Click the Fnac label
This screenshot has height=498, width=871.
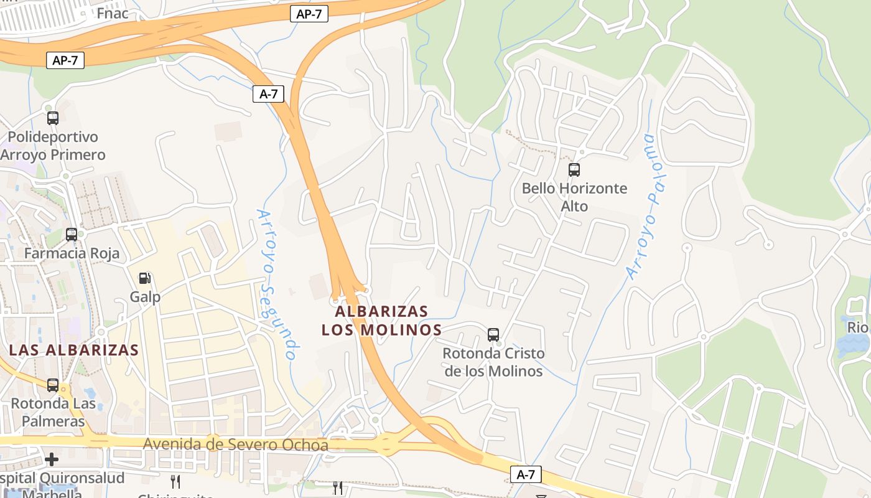pyautogui.click(x=113, y=13)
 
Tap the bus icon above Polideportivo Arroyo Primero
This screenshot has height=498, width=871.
pyautogui.click(x=53, y=118)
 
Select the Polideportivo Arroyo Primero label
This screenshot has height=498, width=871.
pyautogui.click(x=53, y=146)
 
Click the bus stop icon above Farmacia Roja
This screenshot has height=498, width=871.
pyautogui.click(x=72, y=235)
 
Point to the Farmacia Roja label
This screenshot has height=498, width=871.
pyautogui.click(x=72, y=254)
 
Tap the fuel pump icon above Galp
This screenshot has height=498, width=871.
pyautogui.click(x=144, y=278)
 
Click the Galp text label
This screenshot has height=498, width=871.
pyautogui.click(x=145, y=297)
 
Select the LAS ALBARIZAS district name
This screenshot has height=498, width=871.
pyautogui.click(x=74, y=350)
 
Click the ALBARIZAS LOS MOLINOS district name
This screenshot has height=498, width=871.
pyautogui.click(x=381, y=321)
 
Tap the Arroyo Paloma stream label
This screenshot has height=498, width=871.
pyautogui.click(x=643, y=205)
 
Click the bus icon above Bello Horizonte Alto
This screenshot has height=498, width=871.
pyautogui.click(x=574, y=169)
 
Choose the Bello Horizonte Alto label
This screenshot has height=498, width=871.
pyautogui.click(x=574, y=197)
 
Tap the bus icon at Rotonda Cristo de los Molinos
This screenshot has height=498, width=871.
pyautogui.click(x=493, y=335)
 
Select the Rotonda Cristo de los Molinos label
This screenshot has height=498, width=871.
pyautogui.click(x=493, y=362)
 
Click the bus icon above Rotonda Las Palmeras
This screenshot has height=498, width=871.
pyautogui.click(x=53, y=385)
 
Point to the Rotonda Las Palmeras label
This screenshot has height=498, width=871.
pyautogui.click(x=53, y=412)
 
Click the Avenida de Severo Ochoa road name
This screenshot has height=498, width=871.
pyautogui.click(x=236, y=445)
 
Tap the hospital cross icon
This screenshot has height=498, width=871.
pyautogui.click(x=52, y=459)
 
